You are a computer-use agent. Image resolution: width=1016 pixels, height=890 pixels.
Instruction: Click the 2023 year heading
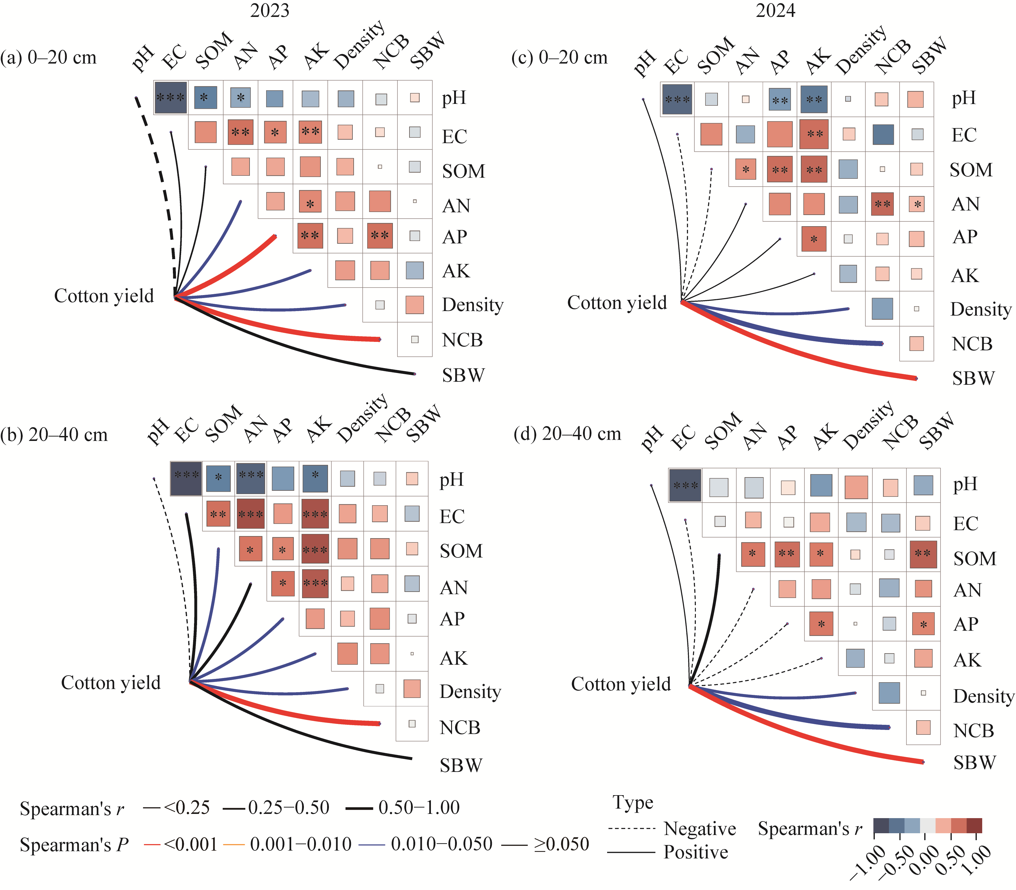click(269, 11)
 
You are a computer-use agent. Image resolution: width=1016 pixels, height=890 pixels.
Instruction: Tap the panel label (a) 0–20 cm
click(49, 58)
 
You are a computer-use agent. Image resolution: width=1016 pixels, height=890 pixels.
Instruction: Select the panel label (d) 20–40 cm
click(567, 434)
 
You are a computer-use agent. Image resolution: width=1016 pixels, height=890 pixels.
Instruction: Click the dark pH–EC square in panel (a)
click(171, 97)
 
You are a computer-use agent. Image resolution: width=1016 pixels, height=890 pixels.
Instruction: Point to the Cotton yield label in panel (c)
click(617, 303)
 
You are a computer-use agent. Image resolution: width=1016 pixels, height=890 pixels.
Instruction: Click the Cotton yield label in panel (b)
click(111, 683)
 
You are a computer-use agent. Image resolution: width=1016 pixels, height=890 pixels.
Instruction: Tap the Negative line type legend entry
click(700, 828)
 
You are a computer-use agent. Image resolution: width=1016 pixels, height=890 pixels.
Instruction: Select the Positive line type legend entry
click(696, 852)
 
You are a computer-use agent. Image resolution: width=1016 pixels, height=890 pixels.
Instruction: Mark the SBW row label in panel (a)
click(463, 375)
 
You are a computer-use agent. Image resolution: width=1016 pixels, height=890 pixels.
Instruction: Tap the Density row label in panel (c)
click(981, 309)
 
